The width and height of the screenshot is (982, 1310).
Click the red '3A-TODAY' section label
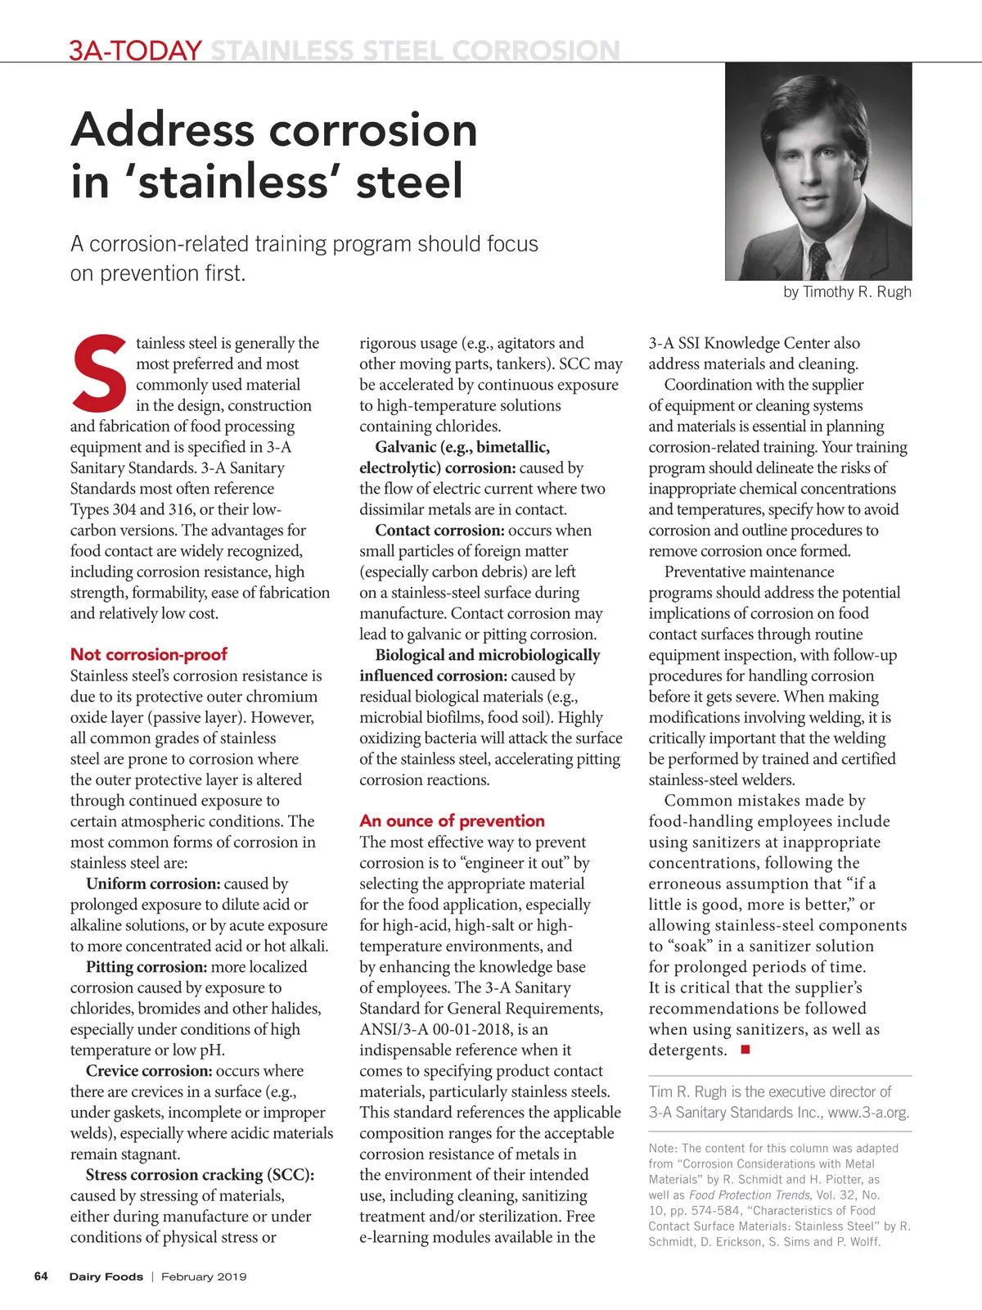(x=135, y=51)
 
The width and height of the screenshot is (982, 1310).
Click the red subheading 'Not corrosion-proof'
(x=148, y=654)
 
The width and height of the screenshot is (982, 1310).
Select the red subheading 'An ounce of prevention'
(x=452, y=820)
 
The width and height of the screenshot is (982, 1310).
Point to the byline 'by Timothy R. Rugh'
(x=847, y=292)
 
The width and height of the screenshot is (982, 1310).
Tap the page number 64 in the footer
(x=41, y=1276)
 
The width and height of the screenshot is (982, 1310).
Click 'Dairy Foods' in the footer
(x=106, y=1276)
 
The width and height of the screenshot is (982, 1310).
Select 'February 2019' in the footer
(x=204, y=1276)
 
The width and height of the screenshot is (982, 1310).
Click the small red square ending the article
(x=745, y=1050)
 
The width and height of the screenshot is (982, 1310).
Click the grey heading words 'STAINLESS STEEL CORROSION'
(x=415, y=51)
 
